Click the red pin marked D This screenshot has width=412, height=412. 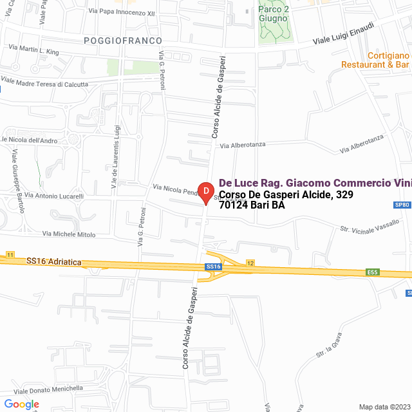(205, 192)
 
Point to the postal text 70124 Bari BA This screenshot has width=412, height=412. (252, 206)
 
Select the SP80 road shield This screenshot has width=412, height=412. (402, 205)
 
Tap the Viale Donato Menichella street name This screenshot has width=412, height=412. (48, 389)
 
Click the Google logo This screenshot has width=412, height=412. (21, 404)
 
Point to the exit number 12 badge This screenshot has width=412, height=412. (250, 263)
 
